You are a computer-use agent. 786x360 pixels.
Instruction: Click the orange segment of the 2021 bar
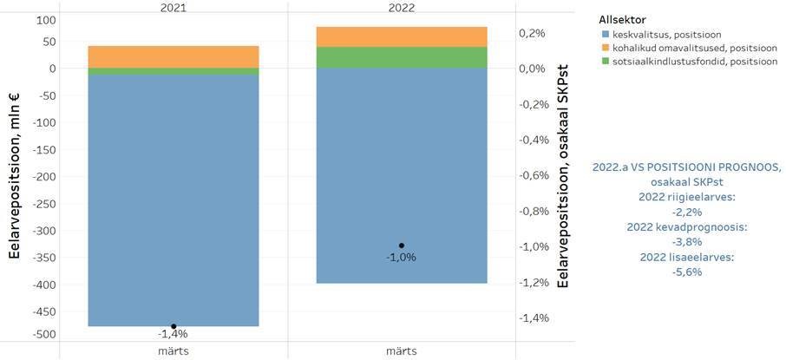[174, 56]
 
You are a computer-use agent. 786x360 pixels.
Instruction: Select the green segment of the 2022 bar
[401, 57]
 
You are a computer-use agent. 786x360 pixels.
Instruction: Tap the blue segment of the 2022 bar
[401, 173]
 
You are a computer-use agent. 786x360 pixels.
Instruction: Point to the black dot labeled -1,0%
[401, 245]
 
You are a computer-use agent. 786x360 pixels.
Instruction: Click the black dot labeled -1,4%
[174, 326]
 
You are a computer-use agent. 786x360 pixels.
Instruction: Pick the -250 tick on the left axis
[43, 204]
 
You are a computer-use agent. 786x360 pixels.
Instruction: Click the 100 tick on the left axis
[45, 20]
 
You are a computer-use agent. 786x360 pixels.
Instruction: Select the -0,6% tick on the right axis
[533, 175]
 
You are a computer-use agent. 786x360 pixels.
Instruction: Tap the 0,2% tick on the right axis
[532, 33]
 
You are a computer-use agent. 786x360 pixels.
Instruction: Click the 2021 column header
[174, 7]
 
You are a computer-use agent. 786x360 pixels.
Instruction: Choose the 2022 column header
[401, 7]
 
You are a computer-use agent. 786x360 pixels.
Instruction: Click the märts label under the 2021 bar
[174, 350]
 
